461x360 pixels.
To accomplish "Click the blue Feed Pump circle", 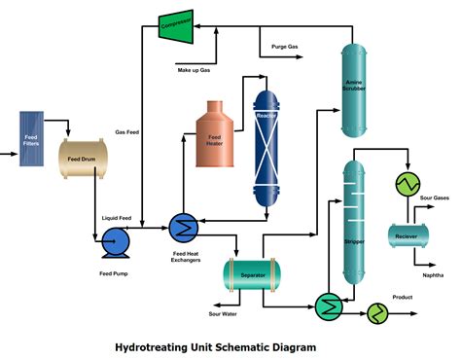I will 116,241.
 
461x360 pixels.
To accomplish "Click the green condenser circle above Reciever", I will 406,184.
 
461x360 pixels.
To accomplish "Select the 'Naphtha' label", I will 435,275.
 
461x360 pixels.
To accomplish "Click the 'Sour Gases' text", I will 434,198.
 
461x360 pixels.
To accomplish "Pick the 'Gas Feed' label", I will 128,131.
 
